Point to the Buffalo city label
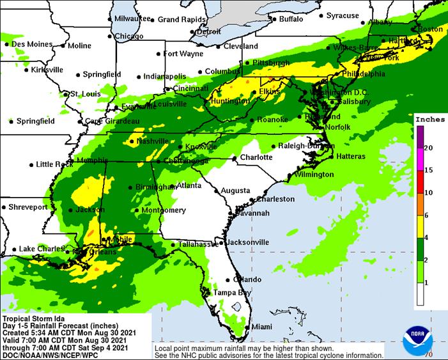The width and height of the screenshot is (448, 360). pos(291,19)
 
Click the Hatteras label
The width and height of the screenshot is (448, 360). pos(351,156)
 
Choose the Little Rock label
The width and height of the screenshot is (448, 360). pos(54,164)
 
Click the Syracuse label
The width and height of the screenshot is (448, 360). pos(343,15)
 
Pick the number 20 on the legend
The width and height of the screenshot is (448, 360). pos(428,148)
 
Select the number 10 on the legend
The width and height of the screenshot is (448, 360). pos(428,192)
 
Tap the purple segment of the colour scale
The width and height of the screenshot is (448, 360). pos(419,136)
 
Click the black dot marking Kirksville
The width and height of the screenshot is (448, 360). pos(26,69)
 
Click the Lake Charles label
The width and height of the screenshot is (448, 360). pos(40,249)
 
